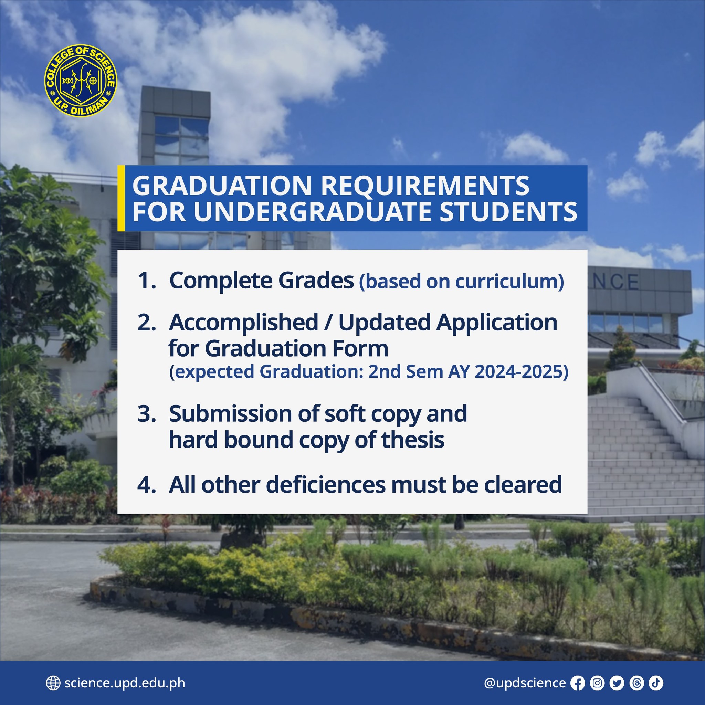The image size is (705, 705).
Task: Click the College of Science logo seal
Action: (x=81, y=81)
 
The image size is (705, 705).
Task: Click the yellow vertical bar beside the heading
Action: (x=121, y=198)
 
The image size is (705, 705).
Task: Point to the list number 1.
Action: (x=147, y=281)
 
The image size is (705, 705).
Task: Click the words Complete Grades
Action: (x=261, y=281)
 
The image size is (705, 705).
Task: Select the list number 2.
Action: (x=147, y=323)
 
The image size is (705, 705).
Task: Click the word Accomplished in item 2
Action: (x=243, y=323)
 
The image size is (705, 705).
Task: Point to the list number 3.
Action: (x=147, y=414)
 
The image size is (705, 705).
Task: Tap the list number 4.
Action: (x=147, y=485)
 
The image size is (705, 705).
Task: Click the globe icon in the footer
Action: (x=53, y=683)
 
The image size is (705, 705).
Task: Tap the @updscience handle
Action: (x=525, y=683)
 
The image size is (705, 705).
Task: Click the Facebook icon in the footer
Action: (x=578, y=683)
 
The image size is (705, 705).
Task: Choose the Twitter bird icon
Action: (x=617, y=683)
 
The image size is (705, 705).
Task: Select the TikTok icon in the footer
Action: (x=656, y=683)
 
